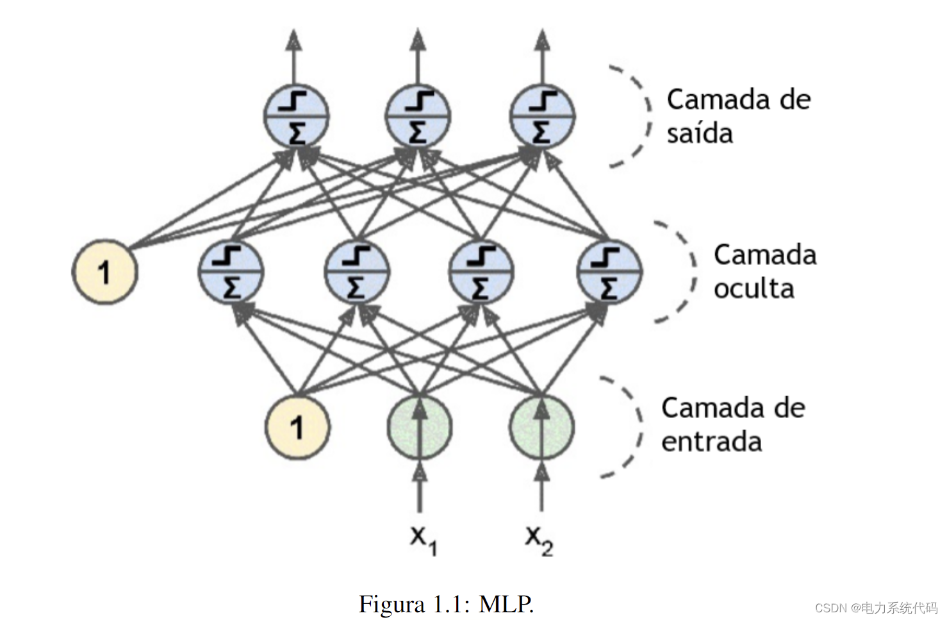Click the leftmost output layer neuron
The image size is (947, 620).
pyautogui.click(x=296, y=117)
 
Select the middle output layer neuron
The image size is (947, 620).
pyautogui.click(x=418, y=117)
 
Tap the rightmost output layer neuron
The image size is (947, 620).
pyautogui.click(x=542, y=117)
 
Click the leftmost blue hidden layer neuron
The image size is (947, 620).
pyautogui.click(x=230, y=272)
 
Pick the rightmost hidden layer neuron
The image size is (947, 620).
pyautogui.click(x=609, y=272)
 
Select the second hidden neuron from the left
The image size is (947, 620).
pyautogui.click(x=357, y=272)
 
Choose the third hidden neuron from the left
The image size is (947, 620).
pyautogui.click(x=481, y=272)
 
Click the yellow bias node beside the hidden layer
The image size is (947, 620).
pyautogui.click(x=104, y=272)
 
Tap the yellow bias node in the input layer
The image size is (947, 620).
pyautogui.click(x=297, y=427)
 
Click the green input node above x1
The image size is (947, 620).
pyautogui.click(x=419, y=427)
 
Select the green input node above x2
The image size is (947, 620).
pyautogui.click(x=541, y=427)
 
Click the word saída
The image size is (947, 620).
pyautogui.click(x=699, y=133)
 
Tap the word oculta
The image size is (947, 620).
pyautogui.click(x=753, y=289)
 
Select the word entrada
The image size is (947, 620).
pyautogui.click(x=711, y=442)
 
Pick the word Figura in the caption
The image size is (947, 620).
pyautogui.click(x=391, y=604)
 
